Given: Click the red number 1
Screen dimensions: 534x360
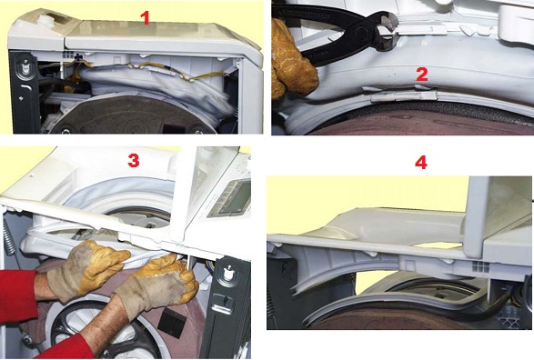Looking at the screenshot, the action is click(146, 18).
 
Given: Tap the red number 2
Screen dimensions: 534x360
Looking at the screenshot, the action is click(421, 75).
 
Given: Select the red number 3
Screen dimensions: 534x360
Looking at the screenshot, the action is click(134, 160).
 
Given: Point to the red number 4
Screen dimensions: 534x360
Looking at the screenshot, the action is click(421, 163).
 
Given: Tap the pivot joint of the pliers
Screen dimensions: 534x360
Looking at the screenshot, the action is click(361, 34).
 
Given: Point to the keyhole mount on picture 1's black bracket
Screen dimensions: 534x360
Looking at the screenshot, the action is click(25, 66).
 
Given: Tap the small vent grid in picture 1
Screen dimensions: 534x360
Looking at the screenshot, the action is click(67, 55).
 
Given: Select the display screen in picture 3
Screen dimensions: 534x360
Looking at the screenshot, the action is click(237, 196).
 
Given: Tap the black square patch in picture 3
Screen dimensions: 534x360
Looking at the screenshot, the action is click(172, 323).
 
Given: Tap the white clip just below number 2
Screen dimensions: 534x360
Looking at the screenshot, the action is click(404, 96).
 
